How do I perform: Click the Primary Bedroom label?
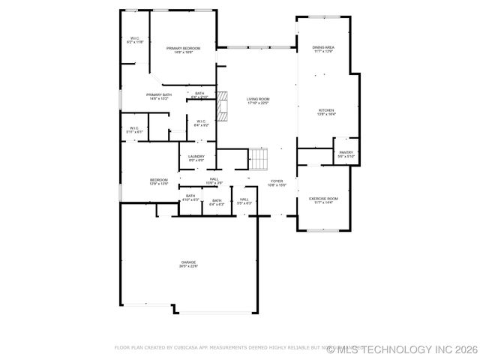tap(183, 48)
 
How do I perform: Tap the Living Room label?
tap(258, 99)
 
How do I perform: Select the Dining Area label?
tap(323, 47)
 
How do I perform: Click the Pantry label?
tap(346, 152)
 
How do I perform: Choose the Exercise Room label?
tap(323, 199)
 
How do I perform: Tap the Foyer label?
tap(277, 181)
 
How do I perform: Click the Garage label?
tap(187, 262)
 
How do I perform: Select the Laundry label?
tap(196, 156)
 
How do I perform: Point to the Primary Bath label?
tap(159, 94)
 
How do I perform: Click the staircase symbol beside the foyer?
tap(258, 159)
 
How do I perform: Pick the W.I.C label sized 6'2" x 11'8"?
tap(135, 38)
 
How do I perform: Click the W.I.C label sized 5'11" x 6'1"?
tap(134, 128)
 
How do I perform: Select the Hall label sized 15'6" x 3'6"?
tap(214, 178)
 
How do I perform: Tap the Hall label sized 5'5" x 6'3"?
tap(244, 199)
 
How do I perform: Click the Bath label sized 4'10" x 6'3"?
tap(190, 196)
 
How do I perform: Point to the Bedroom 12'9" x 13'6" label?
tap(158, 180)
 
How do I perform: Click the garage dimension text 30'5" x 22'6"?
tap(187, 266)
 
